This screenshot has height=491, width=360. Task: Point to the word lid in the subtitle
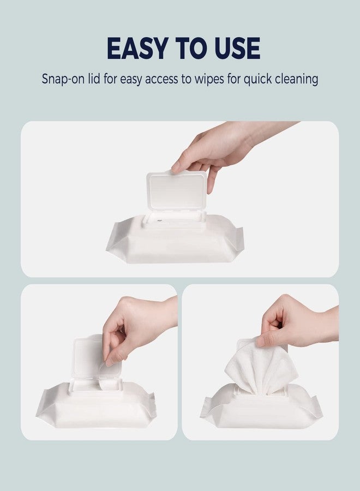tap(96, 79)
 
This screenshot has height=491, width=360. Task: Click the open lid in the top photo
tap(177, 191)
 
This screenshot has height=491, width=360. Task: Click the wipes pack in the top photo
tap(175, 243)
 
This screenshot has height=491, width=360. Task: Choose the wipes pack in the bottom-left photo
tap(95, 406)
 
